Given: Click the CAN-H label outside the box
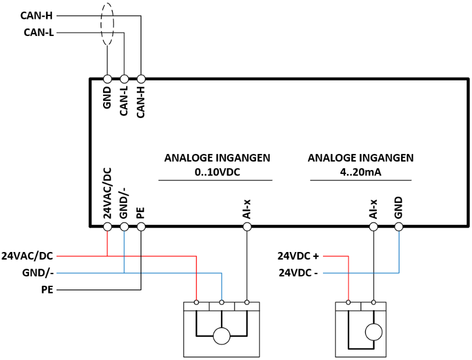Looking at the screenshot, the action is coord(37,16).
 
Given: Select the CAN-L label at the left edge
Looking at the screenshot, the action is coord(39,32).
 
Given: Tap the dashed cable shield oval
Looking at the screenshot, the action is coord(101,24).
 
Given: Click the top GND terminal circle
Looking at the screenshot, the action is coord(107,79).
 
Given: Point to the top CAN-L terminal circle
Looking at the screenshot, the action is coord(124,79).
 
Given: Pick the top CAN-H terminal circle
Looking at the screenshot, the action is coord(141,79).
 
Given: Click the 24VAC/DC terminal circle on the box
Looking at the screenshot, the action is coord(107,227).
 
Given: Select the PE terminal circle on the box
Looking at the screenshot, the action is coord(141,227).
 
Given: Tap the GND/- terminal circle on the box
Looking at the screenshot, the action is coord(124,227).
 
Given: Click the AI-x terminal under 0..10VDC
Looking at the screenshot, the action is coord(247,227).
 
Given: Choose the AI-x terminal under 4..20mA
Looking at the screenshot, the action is coord(373,227).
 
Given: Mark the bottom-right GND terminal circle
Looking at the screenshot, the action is coord(399,227).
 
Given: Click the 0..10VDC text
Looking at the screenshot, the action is coord(217,172).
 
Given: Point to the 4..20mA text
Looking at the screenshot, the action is coord(361,172).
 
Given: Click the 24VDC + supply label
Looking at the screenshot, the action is coord(298,256).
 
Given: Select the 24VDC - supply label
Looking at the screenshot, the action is coord(298,272).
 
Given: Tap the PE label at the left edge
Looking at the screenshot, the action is coord(47,290).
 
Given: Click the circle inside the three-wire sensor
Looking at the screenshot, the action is coord(222,336).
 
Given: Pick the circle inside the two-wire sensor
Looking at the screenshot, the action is coord(373,332).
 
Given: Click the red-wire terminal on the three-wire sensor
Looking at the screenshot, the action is coord(197,302).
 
